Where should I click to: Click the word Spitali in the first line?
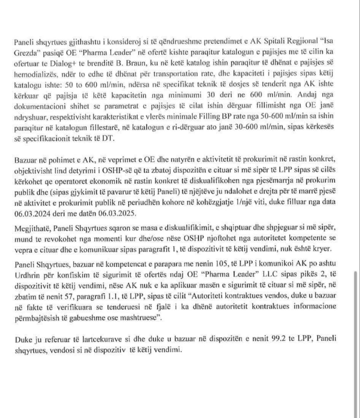274,41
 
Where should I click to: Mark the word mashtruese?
140,317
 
